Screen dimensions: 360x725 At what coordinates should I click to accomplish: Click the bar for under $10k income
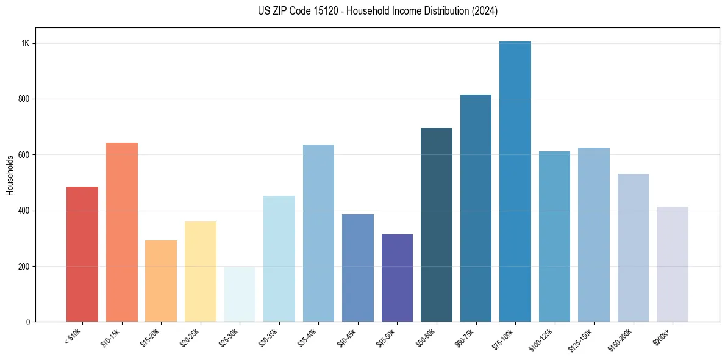click(82, 254)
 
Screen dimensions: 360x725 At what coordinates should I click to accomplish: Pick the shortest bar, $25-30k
click(240, 294)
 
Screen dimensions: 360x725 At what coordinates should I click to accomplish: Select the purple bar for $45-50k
click(397, 278)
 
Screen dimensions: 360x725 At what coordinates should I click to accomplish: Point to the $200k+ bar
click(673, 264)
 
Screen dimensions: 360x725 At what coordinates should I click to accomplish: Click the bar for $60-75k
click(476, 208)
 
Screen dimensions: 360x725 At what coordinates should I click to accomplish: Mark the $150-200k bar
click(633, 248)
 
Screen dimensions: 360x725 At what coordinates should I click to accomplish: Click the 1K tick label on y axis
click(26, 44)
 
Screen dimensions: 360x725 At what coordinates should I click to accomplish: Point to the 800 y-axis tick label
click(24, 99)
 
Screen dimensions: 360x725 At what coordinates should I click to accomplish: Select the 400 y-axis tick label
click(24, 211)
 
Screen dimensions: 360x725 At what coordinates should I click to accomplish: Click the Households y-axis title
click(10, 175)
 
